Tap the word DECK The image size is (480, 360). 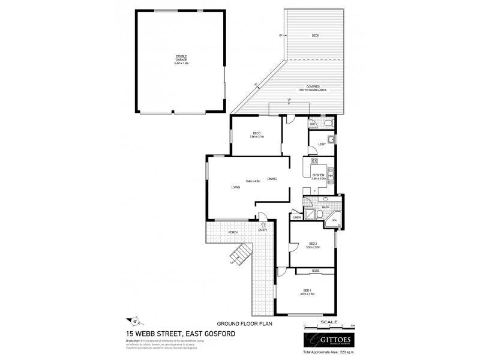point(315,36)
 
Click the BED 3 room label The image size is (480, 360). point(257,135)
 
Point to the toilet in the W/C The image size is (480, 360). point(327,123)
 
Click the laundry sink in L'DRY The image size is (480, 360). point(331,140)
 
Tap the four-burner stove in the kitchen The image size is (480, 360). point(314,160)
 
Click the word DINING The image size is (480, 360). point(272,179)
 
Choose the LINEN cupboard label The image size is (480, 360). point(296,217)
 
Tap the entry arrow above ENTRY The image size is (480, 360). point(262,224)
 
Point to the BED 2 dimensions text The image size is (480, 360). point(312,247)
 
